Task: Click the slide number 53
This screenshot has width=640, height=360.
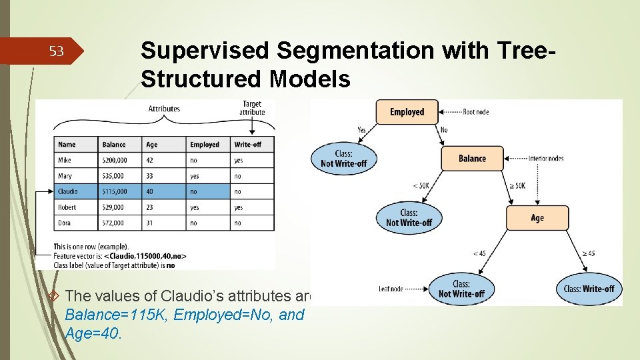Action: coord(58,51)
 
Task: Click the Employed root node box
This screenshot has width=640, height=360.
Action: coord(407,111)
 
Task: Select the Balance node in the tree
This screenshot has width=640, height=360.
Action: coord(472,159)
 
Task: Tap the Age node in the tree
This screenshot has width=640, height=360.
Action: coord(537,218)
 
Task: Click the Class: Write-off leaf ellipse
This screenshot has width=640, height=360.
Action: coord(589,289)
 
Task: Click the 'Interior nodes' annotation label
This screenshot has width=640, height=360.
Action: coord(545,159)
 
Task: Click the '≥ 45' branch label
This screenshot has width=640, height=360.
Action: coord(588,253)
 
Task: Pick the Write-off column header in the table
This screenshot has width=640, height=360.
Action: coord(247,145)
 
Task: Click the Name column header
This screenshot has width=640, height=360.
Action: coord(67,145)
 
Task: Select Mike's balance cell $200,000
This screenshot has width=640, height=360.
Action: coord(115,161)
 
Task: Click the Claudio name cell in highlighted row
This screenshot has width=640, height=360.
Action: coord(68,191)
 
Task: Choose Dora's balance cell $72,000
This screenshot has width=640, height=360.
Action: coord(113,223)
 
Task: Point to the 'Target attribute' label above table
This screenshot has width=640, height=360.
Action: coord(252,108)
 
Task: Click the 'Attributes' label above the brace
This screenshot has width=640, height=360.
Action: coord(164,109)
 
